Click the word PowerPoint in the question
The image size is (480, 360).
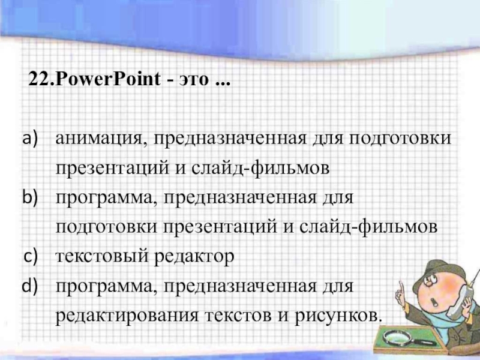click(x=108, y=79)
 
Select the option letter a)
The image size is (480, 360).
click(x=31, y=138)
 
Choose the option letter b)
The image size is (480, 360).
click(x=31, y=197)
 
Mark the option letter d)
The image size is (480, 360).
click(x=30, y=286)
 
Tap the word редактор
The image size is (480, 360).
click(x=194, y=257)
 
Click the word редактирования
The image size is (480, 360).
click(x=127, y=316)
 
